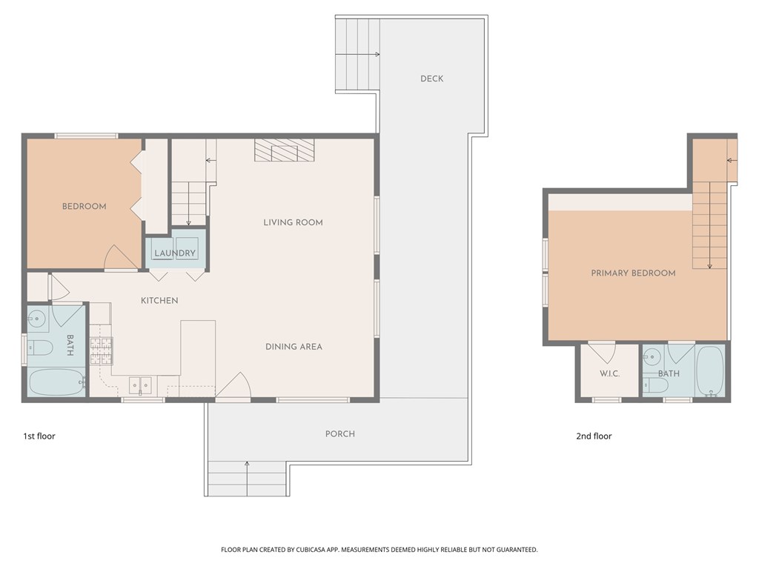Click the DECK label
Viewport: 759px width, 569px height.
point(431,79)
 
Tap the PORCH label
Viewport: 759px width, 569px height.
point(339,433)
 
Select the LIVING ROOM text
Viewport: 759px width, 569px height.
point(293,222)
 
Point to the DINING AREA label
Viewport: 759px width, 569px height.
point(294,347)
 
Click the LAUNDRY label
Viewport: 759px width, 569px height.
point(175,253)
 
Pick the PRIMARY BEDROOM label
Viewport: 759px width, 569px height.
point(633,273)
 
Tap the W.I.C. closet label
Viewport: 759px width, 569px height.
point(609,373)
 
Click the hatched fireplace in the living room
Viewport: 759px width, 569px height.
point(285,150)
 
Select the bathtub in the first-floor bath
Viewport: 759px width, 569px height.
point(57,383)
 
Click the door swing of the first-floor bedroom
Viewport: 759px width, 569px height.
point(120,258)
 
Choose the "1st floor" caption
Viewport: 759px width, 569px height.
point(39,436)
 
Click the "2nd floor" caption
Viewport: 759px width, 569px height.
point(594,436)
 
